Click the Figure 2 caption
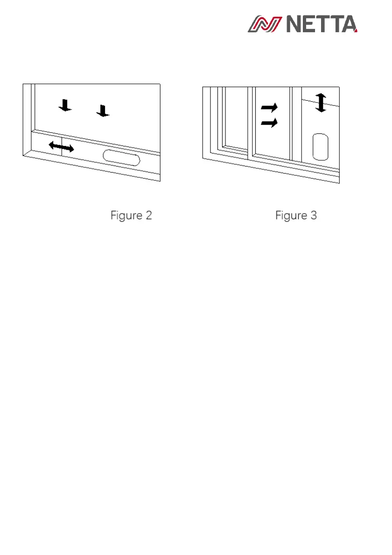click(131, 215)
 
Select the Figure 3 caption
click(296, 215)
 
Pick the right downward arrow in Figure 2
click(103, 111)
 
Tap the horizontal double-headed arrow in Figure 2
click(61, 147)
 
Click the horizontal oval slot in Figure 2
click(121, 157)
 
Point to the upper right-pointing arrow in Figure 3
click(269, 107)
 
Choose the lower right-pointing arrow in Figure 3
click(269, 123)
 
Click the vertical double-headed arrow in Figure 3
click(320, 103)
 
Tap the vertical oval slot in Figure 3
click(320, 146)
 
